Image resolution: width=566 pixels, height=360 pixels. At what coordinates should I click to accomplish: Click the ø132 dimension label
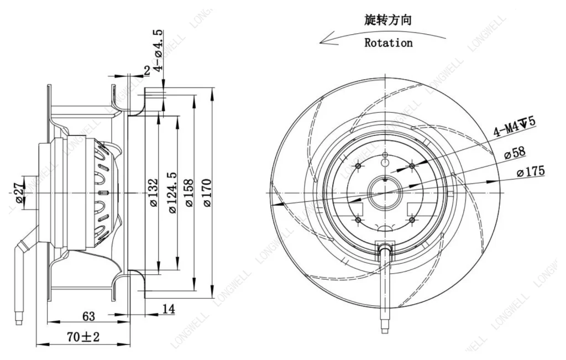[x=154, y=192]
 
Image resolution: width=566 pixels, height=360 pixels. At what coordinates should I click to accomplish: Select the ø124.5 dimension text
[x=172, y=192]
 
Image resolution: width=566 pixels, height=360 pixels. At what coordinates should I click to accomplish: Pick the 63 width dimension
[x=88, y=316]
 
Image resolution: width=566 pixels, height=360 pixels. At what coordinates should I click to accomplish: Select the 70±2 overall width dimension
[x=83, y=337]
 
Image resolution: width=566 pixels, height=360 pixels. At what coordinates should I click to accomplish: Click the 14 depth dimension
[x=169, y=309]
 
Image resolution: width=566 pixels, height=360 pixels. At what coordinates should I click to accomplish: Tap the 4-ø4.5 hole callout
[x=158, y=50]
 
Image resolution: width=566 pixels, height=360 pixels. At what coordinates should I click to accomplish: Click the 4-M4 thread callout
[x=514, y=127]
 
